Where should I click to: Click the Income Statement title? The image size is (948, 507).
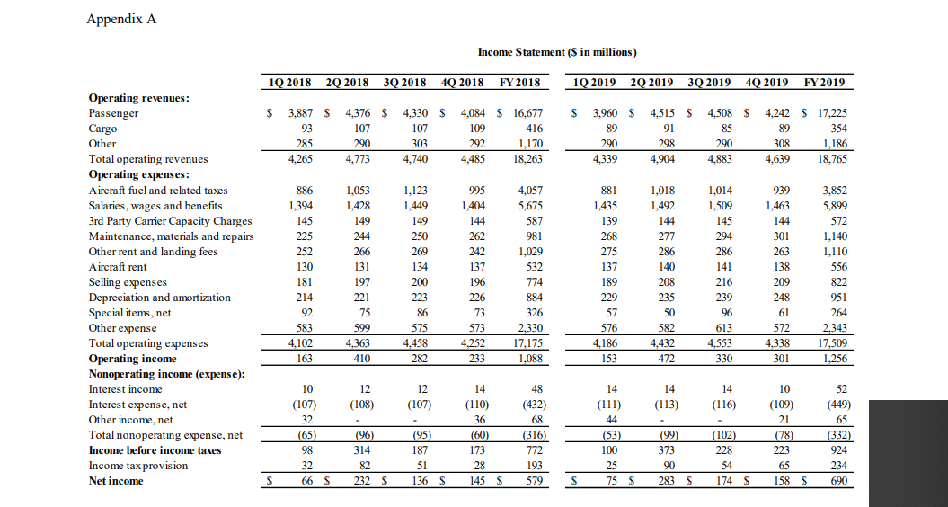pos(557,52)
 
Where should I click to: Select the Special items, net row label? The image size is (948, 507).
pos(129,313)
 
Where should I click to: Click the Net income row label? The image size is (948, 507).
pos(117,480)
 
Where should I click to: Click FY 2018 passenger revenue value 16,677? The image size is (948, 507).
pos(526,113)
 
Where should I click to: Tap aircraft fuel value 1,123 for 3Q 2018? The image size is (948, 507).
pos(412,191)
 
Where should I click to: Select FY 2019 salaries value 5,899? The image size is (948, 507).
pos(832,206)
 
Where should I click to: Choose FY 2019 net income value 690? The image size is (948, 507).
pos(837,480)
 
